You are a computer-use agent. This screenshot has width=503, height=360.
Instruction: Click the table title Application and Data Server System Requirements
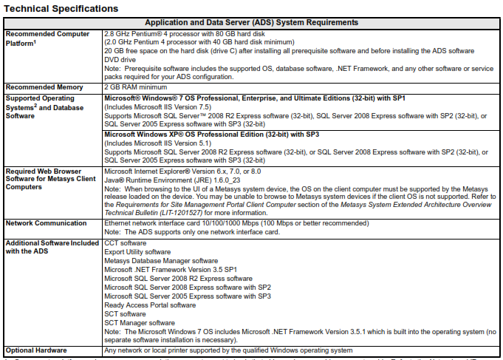[x=252, y=23]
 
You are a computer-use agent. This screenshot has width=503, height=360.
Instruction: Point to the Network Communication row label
[x=48, y=223]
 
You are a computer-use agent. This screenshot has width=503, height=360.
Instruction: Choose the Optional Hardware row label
[x=35, y=350]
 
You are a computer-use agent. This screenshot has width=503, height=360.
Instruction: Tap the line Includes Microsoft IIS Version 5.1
[x=153, y=144]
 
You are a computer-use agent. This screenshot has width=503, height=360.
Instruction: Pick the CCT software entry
[x=126, y=242]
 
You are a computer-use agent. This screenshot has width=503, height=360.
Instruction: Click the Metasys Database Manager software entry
[x=161, y=261]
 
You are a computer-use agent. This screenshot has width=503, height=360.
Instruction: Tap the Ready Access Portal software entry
[x=150, y=305]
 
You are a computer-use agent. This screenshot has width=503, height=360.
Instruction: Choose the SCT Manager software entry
[x=140, y=323]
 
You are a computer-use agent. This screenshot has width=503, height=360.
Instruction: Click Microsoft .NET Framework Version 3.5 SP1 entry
[x=171, y=270]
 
